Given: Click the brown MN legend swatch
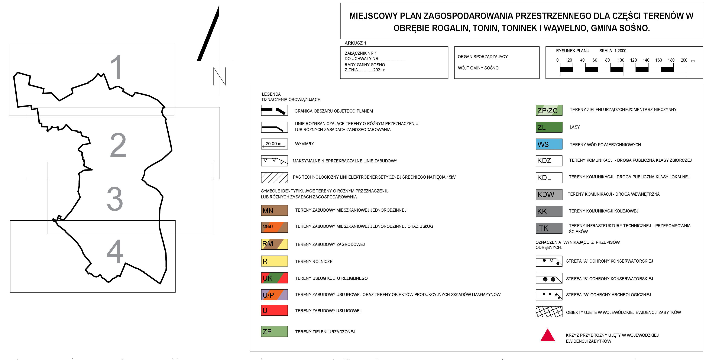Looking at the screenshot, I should click(274, 210).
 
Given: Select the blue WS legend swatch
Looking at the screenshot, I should click(549, 144).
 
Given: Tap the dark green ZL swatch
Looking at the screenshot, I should click(549, 127).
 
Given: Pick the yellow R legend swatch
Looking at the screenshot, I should click(274, 261).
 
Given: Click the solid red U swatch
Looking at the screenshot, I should click(274, 310).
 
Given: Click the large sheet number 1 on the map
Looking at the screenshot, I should click(116, 67).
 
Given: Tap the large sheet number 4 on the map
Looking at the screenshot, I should click(115, 251).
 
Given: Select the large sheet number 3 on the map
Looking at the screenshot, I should click(115, 199).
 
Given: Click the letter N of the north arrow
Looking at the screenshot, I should click(219, 77).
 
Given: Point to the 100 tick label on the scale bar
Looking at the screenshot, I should click(621, 60).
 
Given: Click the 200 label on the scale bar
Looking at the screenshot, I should click(684, 60).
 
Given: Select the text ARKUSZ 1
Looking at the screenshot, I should click(355, 43).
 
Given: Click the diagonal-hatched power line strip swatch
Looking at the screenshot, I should click(274, 178).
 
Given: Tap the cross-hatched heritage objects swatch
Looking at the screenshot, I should click(549, 312).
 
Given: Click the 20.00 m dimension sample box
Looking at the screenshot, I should click(274, 144).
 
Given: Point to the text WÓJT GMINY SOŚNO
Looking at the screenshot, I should click(478, 68).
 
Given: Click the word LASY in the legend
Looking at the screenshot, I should click(575, 127).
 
